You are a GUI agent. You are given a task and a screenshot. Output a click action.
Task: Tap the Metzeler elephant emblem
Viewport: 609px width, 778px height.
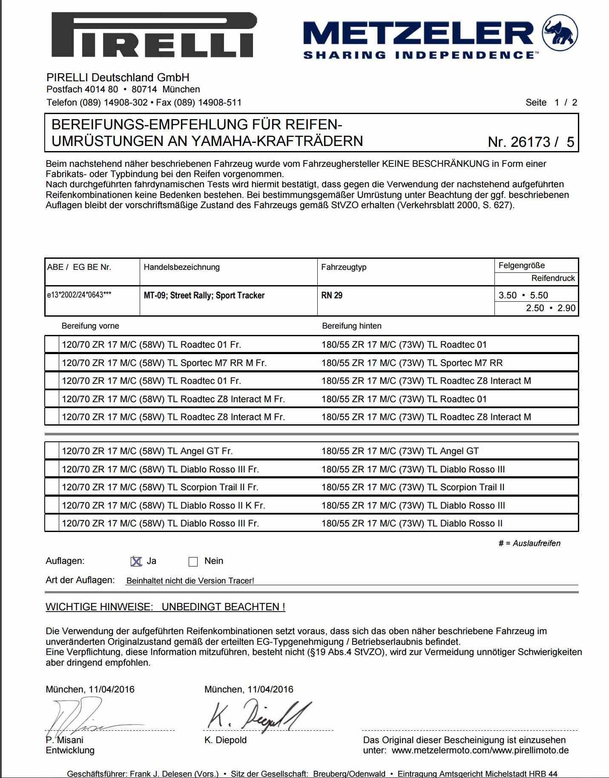560,33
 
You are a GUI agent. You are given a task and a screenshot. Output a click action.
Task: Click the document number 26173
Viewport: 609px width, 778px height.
531,142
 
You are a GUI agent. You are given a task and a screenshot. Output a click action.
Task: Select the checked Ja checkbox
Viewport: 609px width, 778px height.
136,561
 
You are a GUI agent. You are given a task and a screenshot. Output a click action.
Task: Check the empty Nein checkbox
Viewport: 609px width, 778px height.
193,561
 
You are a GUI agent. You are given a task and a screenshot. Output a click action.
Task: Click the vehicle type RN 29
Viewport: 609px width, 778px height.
332,295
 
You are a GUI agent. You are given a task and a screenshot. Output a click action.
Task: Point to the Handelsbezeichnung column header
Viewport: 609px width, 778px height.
182,267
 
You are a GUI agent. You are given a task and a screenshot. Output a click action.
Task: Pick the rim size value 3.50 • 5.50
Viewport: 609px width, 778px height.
523,295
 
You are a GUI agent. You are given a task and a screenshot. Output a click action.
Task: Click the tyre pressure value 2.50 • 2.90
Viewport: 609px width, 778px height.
550,308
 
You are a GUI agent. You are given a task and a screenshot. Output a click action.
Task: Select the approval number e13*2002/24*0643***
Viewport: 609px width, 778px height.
79,295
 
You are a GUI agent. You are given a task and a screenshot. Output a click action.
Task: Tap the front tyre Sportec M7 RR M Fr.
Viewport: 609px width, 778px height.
164,363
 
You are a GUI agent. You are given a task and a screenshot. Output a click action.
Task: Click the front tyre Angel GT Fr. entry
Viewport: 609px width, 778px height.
147,451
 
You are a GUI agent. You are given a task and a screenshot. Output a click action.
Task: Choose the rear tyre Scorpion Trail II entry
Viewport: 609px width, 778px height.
413,487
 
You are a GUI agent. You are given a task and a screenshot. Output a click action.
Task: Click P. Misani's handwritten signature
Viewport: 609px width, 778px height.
81,717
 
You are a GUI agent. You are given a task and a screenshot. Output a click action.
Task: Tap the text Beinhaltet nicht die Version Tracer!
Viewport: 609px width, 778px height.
190,581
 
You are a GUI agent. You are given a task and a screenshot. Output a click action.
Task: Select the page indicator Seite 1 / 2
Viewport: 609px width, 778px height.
551,103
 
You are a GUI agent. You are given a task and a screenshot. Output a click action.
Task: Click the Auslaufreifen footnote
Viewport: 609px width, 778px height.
529,543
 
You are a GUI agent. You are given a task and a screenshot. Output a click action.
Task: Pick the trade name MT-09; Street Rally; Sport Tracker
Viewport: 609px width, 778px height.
204,295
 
